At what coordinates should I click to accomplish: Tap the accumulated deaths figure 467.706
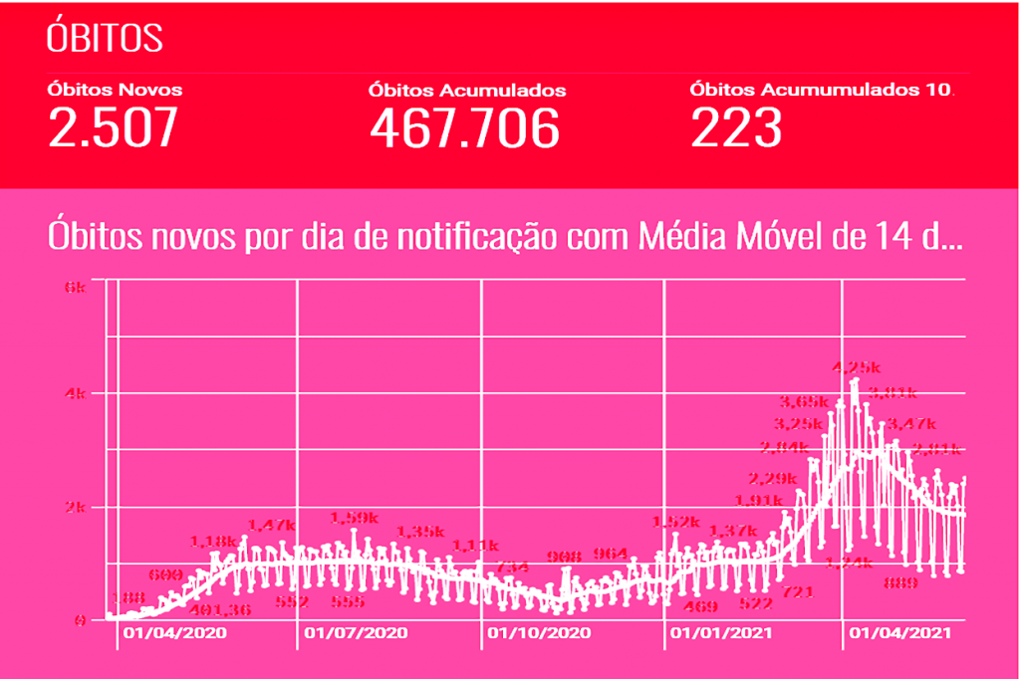tap(464, 127)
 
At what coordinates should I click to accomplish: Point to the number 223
tap(735, 127)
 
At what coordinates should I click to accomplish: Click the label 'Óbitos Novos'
tap(115, 89)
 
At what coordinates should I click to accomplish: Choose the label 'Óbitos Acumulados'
tap(467, 90)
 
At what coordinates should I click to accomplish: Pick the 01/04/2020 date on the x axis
tap(174, 632)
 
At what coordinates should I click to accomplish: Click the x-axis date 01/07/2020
tap(356, 632)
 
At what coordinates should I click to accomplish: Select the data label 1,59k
tap(354, 518)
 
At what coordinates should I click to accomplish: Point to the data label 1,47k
tap(271, 525)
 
